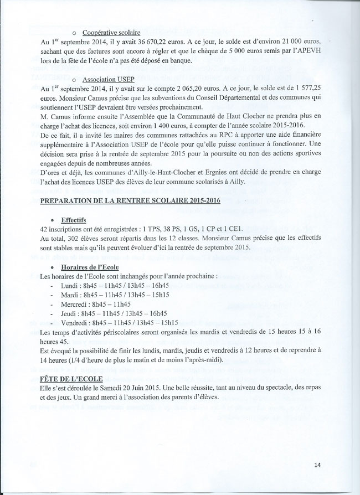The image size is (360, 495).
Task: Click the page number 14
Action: pyautogui.click(x=317, y=464)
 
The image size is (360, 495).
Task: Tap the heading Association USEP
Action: pyautogui.click(x=103, y=80)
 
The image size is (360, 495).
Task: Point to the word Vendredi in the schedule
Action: pyautogui.click(x=76, y=322)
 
